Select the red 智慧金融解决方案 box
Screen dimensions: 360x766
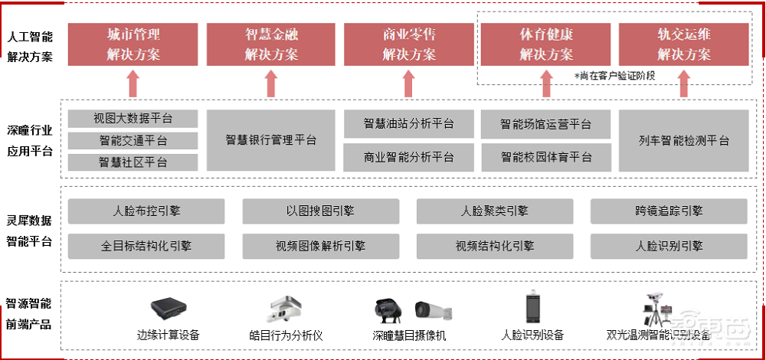[x=271, y=44]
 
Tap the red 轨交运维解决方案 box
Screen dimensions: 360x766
[x=683, y=44]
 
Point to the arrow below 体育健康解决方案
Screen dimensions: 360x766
[x=546, y=83]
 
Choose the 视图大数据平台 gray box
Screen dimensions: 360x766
[x=133, y=119]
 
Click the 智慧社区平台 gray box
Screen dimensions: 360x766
[x=133, y=162]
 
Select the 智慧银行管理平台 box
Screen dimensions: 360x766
[x=271, y=140]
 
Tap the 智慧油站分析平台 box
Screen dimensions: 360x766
[x=408, y=124]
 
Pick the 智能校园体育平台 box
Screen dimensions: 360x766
[x=546, y=157]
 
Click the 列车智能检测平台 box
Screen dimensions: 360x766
[x=683, y=140]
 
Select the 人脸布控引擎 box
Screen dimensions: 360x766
[x=146, y=211]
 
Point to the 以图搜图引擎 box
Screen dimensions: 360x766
[x=320, y=211]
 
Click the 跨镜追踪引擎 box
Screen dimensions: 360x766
[x=669, y=211]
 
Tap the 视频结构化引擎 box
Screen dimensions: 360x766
[x=494, y=246]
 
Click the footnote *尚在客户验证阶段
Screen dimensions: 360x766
[x=614, y=75]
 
